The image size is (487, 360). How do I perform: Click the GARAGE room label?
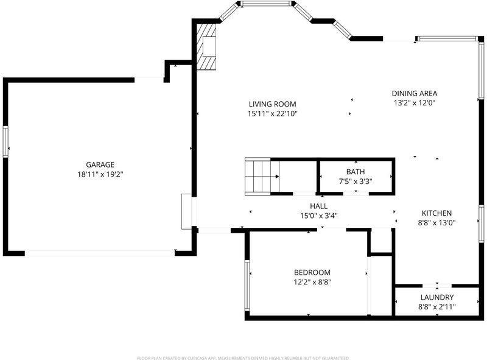coord(100,164)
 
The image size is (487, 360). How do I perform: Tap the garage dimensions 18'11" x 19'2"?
coord(100,174)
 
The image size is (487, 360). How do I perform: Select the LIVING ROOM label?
coord(272,104)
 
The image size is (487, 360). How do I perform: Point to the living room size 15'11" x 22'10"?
coord(272,114)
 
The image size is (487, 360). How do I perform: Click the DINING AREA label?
coord(415,93)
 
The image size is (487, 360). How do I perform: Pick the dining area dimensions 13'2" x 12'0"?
coord(415,103)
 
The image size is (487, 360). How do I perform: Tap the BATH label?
coord(356,172)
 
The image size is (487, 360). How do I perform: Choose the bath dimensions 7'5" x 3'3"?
coord(356,182)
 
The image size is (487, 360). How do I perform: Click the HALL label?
coord(318,206)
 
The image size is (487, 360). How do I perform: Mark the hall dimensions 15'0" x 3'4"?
coord(318,216)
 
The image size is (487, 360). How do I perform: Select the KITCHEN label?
coord(436,213)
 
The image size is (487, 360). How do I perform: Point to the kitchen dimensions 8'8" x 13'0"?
coord(436,223)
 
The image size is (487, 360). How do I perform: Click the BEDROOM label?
coord(312,273)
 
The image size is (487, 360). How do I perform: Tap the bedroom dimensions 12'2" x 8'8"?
coord(312,282)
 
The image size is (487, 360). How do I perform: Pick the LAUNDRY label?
coord(437,297)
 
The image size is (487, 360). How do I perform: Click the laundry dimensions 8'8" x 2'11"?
coord(437,307)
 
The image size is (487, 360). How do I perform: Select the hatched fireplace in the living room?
coord(206,47)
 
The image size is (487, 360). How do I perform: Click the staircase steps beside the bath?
coord(258,177)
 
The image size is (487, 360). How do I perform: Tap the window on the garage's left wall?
coord(5,141)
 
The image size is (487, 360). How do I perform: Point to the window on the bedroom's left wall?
coord(247,286)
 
